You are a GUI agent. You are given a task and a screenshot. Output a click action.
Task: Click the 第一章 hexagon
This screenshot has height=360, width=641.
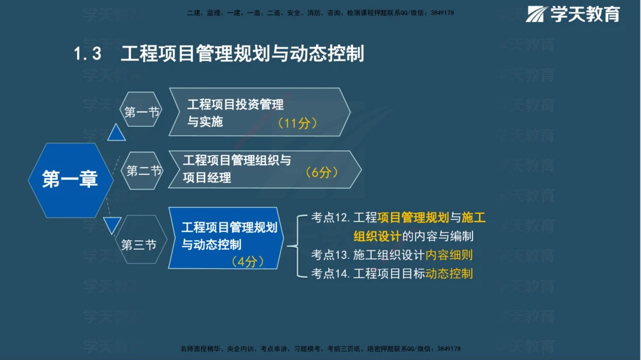click(x=70, y=180)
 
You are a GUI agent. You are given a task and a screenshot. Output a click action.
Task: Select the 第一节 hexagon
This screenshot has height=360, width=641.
click(x=142, y=112)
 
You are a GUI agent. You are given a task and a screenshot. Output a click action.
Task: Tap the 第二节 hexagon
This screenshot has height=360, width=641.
click(x=144, y=170)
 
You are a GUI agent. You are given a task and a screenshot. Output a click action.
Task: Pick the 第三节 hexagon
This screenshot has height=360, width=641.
click(x=139, y=245)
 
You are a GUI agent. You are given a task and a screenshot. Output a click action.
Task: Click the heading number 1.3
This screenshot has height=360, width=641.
click(x=88, y=54)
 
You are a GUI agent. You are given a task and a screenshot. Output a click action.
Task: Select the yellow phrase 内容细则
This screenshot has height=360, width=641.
click(x=449, y=255)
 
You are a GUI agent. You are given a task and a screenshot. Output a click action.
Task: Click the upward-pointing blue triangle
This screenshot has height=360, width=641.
click(x=116, y=133)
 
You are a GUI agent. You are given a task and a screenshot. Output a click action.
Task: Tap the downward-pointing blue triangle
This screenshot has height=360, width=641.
click(x=113, y=225)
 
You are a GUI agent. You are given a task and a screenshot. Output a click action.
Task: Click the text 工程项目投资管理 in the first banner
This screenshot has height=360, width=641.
click(x=235, y=104)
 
